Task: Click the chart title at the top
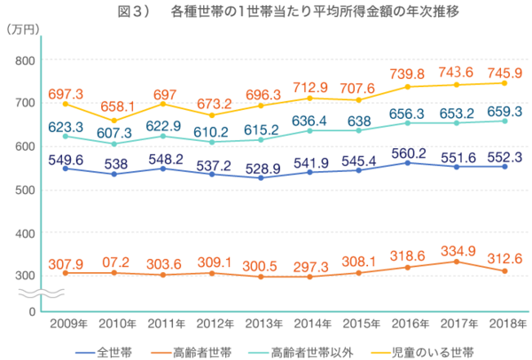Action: click(x=266, y=12)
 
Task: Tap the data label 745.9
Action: click(x=505, y=73)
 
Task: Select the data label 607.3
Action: click(x=114, y=133)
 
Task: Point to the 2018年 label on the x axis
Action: click(x=504, y=324)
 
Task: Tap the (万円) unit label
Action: click(x=23, y=30)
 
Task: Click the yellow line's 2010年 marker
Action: click(x=113, y=121)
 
